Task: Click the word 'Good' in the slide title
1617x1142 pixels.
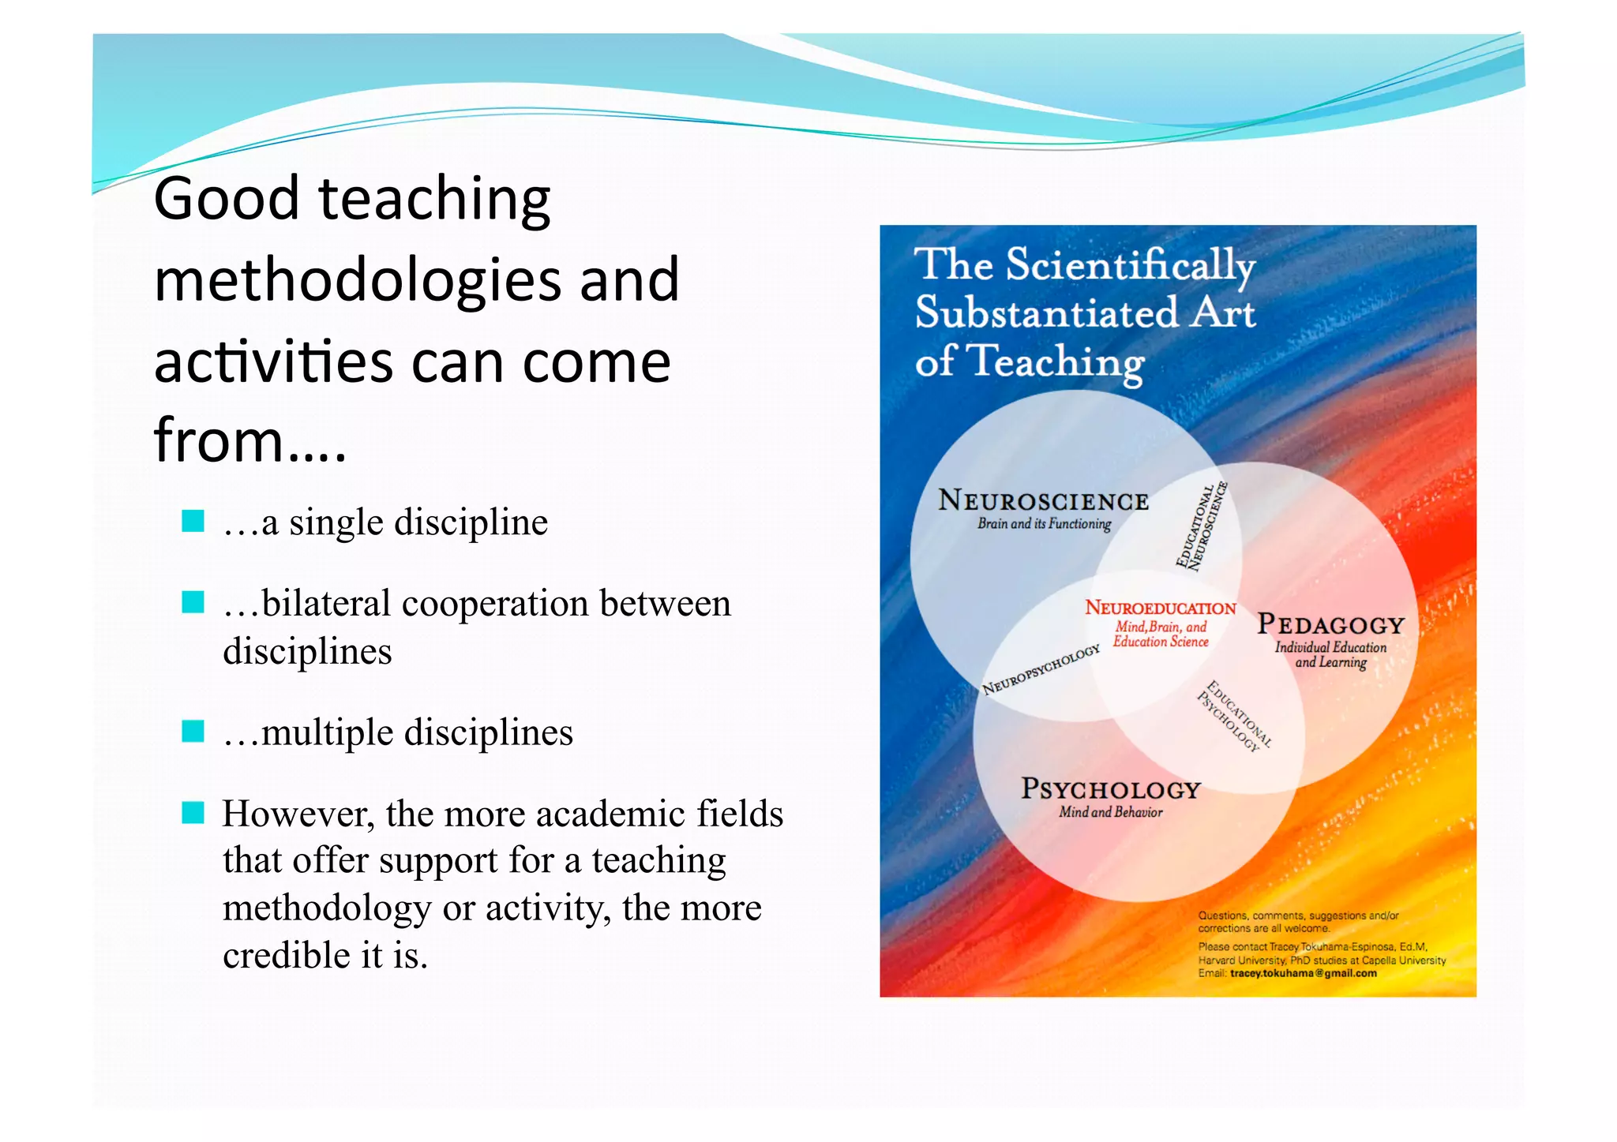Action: (226, 199)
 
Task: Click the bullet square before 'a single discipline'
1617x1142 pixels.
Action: (193, 522)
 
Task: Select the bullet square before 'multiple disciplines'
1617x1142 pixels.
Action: (193, 732)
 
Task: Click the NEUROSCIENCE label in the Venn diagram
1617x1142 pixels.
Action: (1043, 501)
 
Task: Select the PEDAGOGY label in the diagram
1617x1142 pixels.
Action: (1330, 625)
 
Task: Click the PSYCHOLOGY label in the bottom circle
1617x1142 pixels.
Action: (1110, 789)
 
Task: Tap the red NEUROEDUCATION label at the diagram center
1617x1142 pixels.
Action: (1160, 608)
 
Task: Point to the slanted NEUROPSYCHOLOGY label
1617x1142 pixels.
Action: (1041, 670)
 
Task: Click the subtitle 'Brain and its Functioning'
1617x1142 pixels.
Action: (1044, 524)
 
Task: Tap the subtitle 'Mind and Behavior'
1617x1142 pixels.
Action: (1110, 812)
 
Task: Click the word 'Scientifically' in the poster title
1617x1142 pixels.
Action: (1130, 266)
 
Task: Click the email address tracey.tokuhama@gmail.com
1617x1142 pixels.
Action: (1303, 973)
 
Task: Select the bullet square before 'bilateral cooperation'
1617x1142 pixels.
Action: (193, 603)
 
